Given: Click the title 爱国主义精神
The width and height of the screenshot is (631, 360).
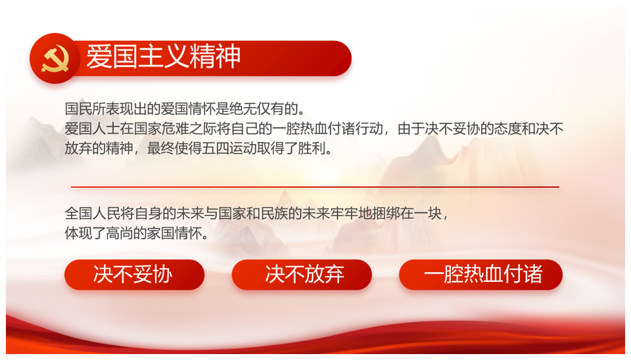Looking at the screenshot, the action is tap(164, 56).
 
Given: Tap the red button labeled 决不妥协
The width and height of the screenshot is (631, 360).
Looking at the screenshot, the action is tap(134, 275).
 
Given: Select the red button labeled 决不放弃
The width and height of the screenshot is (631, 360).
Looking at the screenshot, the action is tap(302, 275).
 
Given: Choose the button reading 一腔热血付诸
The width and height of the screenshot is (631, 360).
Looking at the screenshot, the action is tap(480, 275).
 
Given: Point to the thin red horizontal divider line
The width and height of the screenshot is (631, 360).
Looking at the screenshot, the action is tap(315, 187).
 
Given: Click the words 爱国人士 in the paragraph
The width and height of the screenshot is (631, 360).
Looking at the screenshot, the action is tap(92, 129).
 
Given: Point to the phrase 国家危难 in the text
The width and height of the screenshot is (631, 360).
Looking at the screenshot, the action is tap(160, 129).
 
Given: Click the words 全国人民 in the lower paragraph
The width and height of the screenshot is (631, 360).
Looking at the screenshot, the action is tap(92, 214).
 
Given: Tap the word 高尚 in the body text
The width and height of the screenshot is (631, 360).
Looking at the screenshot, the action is tap(119, 233).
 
